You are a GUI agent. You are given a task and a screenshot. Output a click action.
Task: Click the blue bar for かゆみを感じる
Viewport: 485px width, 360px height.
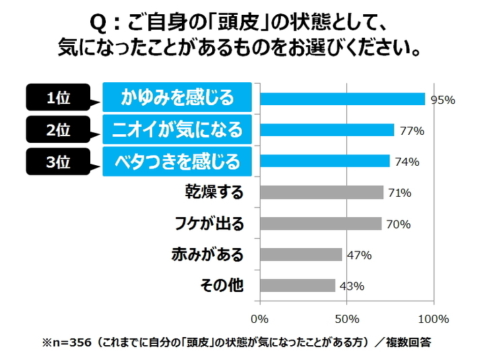coord(342,99)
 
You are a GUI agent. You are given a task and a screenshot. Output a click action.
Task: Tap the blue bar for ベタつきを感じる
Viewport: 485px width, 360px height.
coord(324,161)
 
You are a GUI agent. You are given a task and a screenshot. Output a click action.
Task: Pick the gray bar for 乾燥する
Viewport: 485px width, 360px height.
coord(321,193)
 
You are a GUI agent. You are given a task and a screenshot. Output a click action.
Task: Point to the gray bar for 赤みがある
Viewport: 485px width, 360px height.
coord(300,255)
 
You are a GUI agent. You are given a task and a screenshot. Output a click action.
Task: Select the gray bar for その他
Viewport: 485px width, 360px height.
coord(297,286)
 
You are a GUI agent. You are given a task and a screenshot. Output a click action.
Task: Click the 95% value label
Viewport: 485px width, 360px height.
coord(443,100)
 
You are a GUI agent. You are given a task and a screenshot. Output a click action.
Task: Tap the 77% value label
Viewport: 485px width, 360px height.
coord(412,131)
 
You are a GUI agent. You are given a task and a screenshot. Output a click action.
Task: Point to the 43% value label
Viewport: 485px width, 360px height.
coord(352,287)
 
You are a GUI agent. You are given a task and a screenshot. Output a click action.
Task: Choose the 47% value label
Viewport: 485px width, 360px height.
coord(359,256)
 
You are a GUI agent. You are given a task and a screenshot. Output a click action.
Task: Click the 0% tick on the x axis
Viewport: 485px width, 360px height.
coord(259,318)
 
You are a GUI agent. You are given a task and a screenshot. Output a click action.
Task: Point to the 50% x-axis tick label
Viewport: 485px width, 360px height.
coord(346,318)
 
